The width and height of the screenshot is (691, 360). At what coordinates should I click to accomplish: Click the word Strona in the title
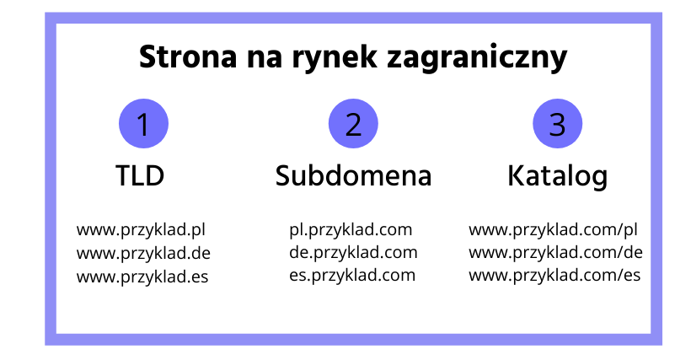tap(188, 56)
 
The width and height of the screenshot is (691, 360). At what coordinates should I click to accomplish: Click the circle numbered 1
tap(143, 123)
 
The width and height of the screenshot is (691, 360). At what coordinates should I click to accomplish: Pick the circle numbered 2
tap(353, 123)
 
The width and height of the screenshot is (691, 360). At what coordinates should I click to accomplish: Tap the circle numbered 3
tap(558, 123)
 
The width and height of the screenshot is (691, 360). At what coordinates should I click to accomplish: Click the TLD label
tap(140, 175)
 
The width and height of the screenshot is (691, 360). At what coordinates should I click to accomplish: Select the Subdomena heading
tap(353, 175)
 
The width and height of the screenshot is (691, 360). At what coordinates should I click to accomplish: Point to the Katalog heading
tap(558, 177)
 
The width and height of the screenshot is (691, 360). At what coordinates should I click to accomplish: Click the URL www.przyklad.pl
tap(141, 230)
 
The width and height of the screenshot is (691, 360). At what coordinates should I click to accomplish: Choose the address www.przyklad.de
tap(143, 254)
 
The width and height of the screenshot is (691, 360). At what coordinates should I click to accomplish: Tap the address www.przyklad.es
tap(142, 277)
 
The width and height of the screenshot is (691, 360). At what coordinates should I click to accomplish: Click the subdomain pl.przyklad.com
tap(351, 230)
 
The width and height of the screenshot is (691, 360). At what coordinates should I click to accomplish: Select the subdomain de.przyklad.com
tap(353, 253)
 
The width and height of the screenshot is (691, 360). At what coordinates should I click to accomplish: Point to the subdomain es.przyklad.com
tap(352, 276)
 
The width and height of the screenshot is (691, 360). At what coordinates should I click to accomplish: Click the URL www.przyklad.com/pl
tap(553, 230)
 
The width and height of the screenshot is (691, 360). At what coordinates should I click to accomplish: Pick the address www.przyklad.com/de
tap(555, 253)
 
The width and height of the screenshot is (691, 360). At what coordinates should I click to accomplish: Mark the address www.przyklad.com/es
tap(554, 276)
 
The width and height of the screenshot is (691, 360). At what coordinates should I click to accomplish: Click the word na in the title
tap(265, 60)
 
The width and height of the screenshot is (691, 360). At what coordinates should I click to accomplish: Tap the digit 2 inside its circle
tap(353, 124)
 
